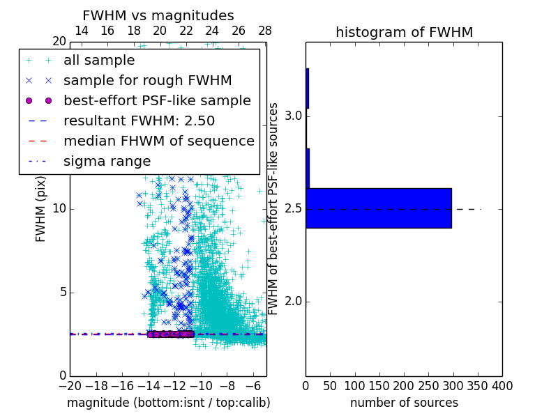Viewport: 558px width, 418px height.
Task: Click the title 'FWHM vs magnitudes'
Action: [x=158, y=16]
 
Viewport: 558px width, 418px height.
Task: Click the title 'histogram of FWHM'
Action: [x=404, y=33]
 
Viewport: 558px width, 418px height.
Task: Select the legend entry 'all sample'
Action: [x=99, y=61]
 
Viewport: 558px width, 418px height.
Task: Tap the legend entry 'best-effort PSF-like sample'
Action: [x=157, y=100]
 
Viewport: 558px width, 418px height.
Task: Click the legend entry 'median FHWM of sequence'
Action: [x=158, y=141]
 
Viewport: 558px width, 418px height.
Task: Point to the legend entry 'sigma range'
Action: [x=107, y=161]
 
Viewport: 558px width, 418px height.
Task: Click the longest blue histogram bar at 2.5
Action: [x=379, y=208]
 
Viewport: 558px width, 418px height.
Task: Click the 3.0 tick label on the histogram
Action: [x=293, y=116]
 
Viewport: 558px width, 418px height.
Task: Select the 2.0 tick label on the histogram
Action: [x=293, y=302]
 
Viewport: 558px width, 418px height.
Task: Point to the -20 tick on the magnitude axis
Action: [x=70, y=385]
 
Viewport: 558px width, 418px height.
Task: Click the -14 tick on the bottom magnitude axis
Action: [x=149, y=385]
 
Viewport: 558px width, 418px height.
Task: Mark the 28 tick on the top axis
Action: [x=265, y=31]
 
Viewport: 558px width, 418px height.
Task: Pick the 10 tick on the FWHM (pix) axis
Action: [x=59, y=209]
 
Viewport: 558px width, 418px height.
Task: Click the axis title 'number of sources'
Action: [x=404, y=403]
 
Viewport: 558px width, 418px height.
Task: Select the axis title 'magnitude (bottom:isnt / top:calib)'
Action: [x=168, y=403]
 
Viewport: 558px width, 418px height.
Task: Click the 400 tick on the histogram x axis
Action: [x=502, y=385]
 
